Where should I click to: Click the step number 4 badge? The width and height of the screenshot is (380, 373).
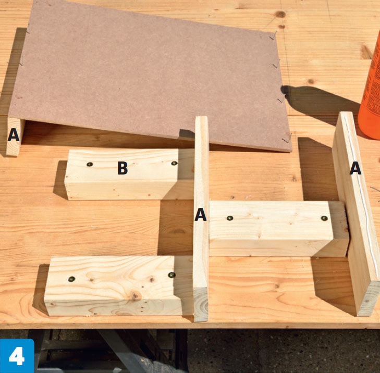click(x=17, y=356)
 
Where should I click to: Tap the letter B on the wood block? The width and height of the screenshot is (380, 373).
click(x=122, y=168)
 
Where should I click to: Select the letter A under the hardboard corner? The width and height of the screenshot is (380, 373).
click(x=14, y=135)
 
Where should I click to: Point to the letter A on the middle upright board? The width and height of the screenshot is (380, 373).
click(x=200, y=214)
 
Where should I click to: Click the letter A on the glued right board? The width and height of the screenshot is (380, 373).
click(x=356, y=168)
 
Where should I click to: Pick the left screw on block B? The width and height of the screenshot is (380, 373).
click(x=90, y=165)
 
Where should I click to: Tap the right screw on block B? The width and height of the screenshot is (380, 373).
click(x=174, y=163)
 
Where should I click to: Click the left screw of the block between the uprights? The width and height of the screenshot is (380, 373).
click(x=230, y=218)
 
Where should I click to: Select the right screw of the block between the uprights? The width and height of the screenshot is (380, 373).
click(x=324, y=218)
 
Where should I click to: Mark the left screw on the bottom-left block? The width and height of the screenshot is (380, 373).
click(x=71, y=279)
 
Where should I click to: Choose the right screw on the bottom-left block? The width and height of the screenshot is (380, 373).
click(x=171, y=275)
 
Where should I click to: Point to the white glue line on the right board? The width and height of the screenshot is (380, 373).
click(x=361, y=194)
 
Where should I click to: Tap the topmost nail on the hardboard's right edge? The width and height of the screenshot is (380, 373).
click(x=273, y=35)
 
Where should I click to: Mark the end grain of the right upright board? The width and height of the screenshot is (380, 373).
click(x=368, y=299)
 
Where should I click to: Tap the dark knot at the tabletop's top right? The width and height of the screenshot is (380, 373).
click(x=280, y=14)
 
